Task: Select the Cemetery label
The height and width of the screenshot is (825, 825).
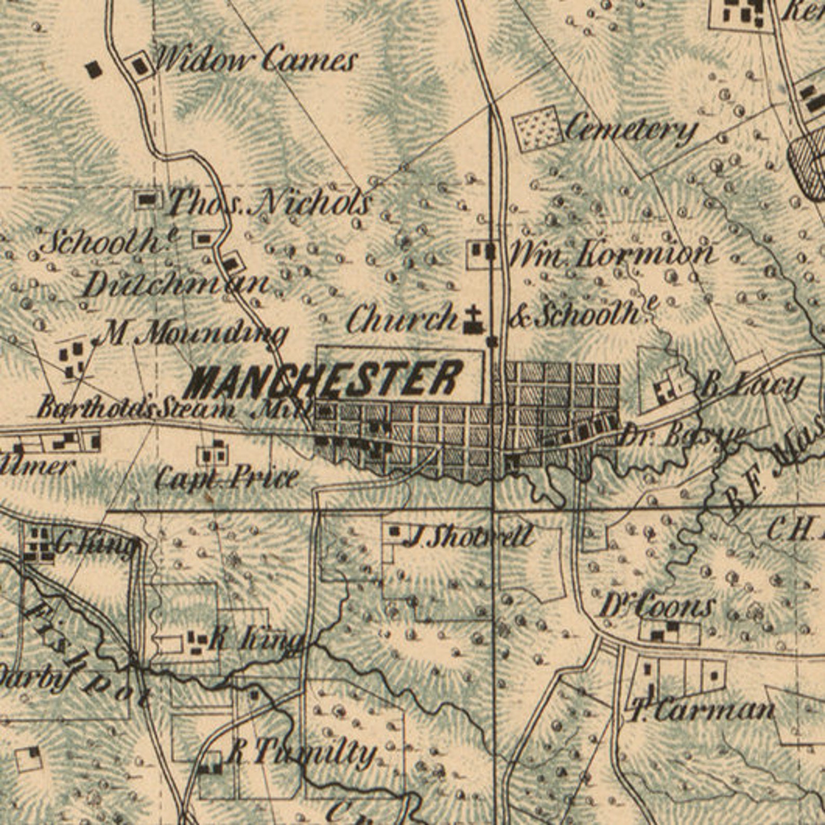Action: pyautogui.click(x=630, y=130)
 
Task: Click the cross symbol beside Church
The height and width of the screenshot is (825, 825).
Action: pyautogui.click(x=473, y=321)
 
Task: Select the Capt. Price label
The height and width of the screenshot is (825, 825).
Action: pyautogui.click(x=227, y=477)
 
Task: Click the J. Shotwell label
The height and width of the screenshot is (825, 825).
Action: pyautogui.click(x=468, y=536)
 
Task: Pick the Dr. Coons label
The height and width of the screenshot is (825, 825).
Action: pyautogui.click(x=657, y=606)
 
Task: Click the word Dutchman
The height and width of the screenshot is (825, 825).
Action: pyautogui.click(x=176, y=285)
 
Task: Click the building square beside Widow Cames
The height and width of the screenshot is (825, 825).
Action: pyautogui.click(x=139, y=66)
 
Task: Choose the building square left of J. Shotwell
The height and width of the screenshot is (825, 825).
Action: pyautogui.click(x=394, y=531)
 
